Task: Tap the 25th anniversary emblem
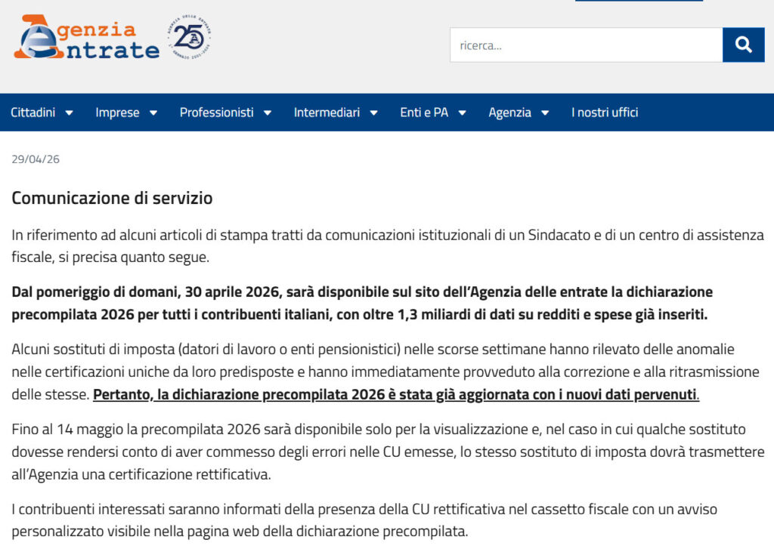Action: click(189, 37)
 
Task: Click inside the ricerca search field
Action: click(586, 45)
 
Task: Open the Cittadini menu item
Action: click(33, 113)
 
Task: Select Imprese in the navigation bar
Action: click(117, 113)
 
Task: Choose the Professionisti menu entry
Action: click(216, 113)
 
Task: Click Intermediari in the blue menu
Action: click(327, 113)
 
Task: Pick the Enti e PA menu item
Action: click(424, 113)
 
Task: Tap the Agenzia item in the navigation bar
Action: click(509, 113)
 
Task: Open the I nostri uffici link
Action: click(605, 113)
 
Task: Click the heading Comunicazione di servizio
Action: click(112, 199)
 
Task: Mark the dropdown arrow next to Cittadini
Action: click(69, 113)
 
